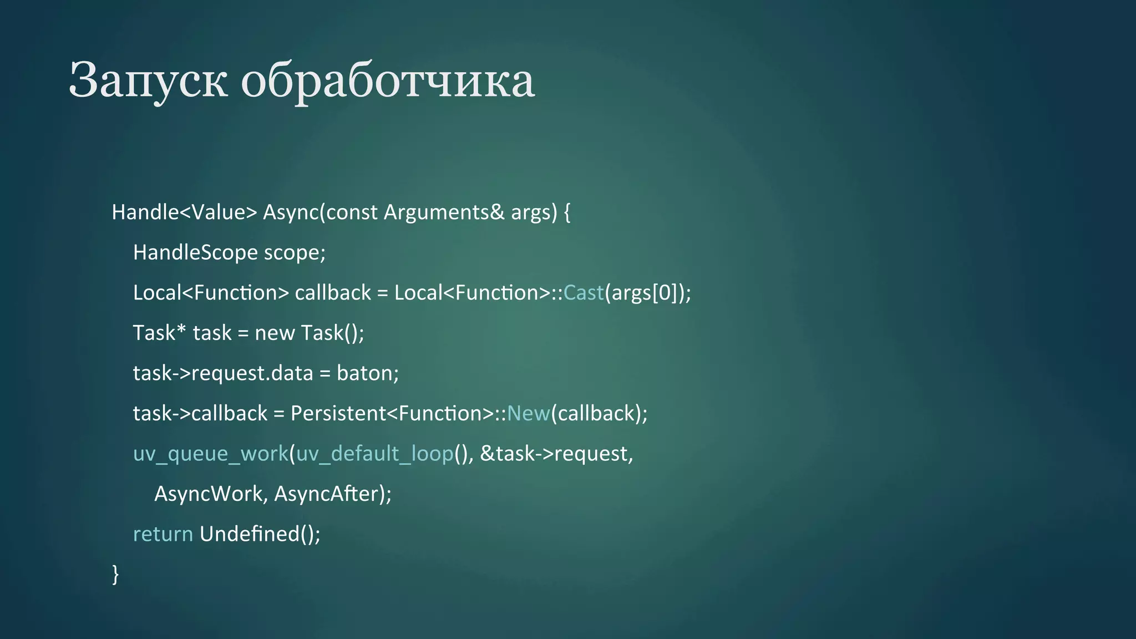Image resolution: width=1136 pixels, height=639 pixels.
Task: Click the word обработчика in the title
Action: coord(388,81)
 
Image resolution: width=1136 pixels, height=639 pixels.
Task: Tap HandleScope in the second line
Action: coord(195,253)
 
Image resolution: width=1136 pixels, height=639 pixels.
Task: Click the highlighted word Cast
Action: coord(583,293)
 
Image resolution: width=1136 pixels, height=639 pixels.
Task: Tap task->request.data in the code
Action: coord(223,373)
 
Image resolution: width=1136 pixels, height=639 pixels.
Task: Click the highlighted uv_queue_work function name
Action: coord(211,454)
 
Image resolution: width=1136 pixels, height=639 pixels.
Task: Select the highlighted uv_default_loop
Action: coord(375,454)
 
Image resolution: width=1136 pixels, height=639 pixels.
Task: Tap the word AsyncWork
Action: coord(208,494)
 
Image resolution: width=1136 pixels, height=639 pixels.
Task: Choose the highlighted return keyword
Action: coord(163,534)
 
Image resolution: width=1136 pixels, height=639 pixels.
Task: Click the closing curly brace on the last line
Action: coord(115,574)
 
